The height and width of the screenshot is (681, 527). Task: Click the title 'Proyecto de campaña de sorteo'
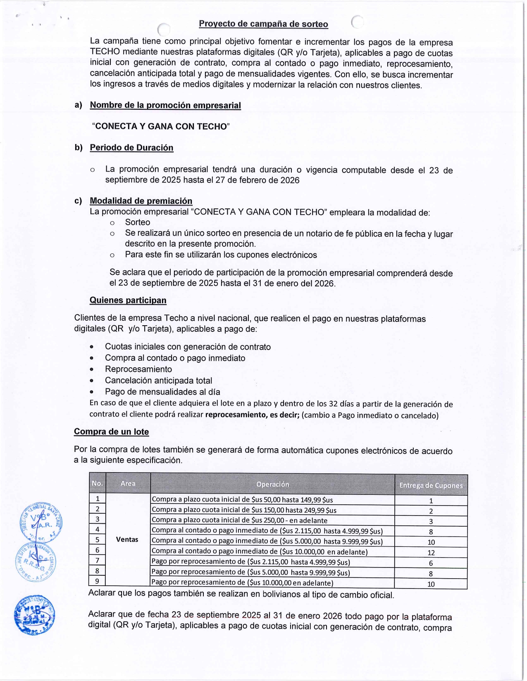click(263, 24)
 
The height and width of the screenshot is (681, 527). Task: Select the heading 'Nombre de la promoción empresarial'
click(165, 105)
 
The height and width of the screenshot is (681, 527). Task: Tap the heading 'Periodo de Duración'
click(131, 148)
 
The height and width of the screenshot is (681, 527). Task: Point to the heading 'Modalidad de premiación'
click(141, 201)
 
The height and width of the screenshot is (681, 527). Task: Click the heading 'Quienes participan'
click(128, 300)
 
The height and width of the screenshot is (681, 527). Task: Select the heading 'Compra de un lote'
click(111, 432)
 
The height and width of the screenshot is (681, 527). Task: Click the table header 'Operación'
click(272, 484)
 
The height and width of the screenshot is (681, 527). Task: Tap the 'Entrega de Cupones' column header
click(431, 485)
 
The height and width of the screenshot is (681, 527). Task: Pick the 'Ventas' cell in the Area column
click(127, 539)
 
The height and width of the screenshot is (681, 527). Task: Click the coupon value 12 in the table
click(431, 553)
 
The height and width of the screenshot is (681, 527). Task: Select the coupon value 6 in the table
click(431, 563)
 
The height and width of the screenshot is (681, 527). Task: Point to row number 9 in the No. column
click(97, 581)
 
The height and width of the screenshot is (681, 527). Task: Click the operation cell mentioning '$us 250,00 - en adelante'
click(240, 520)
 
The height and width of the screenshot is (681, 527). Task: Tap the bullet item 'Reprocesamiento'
click(138, 369)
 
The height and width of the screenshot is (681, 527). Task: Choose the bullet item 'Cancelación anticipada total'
click(158, 381)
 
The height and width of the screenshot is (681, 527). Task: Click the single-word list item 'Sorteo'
click(138, 222)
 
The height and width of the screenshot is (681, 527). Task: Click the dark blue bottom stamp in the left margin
click(34, 615)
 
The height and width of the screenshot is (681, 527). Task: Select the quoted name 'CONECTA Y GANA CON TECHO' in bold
click(161, 126)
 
